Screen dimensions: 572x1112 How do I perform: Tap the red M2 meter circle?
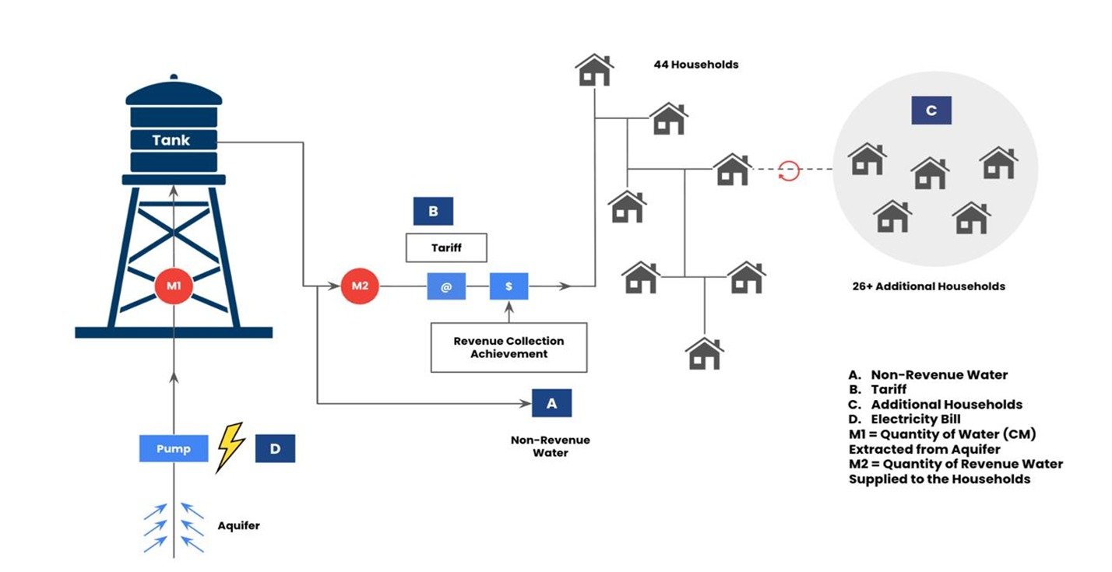tap(360, 286)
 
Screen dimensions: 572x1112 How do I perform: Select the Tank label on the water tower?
tap(171, 141)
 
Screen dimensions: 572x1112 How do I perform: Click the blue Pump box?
tap(174, 449)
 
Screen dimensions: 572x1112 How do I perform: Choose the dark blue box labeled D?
tap(275, 449)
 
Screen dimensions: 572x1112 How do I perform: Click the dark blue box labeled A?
tap(552, 403)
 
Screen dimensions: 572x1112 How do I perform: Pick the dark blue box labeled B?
tap(433, 211)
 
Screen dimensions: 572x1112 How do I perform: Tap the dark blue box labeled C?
tap(931, 111)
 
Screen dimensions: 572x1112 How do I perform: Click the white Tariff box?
tap(446, 247)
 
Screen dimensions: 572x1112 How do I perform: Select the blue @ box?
tap(446, 286)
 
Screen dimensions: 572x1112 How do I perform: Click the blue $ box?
tap(508, 286)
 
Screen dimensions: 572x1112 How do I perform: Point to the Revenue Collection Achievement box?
tap(508, 347)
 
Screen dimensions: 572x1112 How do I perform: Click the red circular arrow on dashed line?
tap(789, 170)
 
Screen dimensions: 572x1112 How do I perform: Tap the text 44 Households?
tap(695, 65)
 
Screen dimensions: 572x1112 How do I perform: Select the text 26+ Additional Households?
tap(928, 286)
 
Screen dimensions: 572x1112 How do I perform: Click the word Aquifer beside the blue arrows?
tap(238, 526)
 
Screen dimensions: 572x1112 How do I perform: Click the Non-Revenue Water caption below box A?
tap(550, 446)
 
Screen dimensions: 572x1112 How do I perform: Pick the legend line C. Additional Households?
tap(935, 405)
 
